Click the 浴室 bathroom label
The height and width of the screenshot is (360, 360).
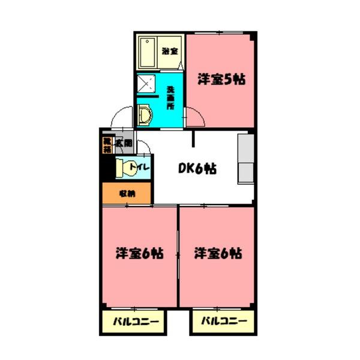pos(170,50)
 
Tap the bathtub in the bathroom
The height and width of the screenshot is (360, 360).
pos(147,53)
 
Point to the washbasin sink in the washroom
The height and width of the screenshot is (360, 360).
pos(144,114)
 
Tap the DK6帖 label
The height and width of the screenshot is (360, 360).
pos(197,169)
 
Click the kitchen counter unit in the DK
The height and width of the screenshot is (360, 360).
pos(246,160)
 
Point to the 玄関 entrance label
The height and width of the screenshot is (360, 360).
pos(124,143)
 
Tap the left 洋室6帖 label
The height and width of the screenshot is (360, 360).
pos(140,253)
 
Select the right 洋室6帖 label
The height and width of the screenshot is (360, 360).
pos(218,253)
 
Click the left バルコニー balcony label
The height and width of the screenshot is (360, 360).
pos(137,322)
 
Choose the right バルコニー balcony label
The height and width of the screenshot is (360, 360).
pos(223,322)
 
